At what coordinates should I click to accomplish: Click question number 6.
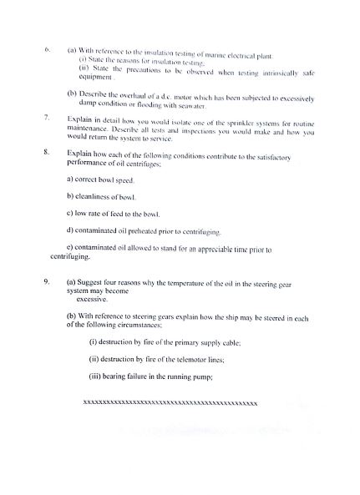coord(48,49)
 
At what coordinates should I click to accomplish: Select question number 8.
coord(47,154)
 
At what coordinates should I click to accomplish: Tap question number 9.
coord(47,282)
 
